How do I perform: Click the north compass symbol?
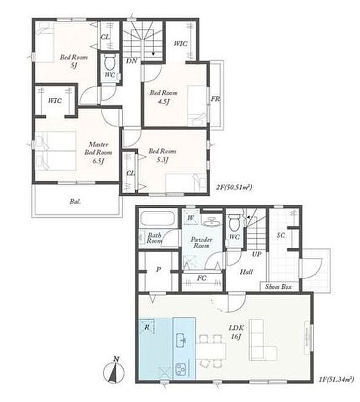tap(115, 369)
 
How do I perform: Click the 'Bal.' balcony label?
tap(75, 202)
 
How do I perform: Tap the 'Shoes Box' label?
tap(278, 287)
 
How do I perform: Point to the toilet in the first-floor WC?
tap(235, 222)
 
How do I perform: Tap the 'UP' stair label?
tap(255, 254)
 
